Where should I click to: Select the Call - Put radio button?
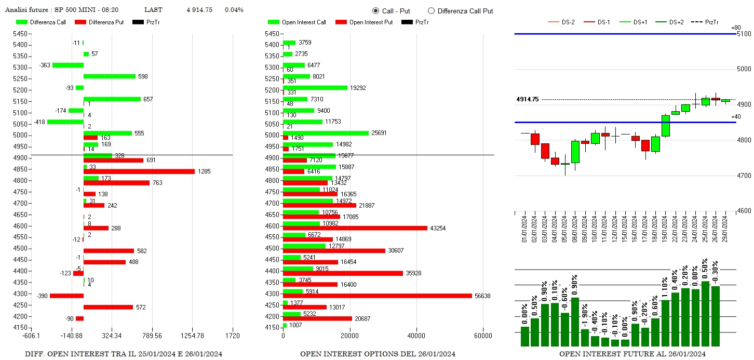(x=376, y=11)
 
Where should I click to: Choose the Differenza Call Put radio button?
(x=431, y=11)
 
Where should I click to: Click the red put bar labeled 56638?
(x=378, y=296)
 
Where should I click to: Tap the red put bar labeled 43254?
(x=355, y=228)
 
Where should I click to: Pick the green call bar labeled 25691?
(x=326, y=133)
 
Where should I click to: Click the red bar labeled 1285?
(x=139, y=171)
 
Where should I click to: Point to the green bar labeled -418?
(x=65, y=122)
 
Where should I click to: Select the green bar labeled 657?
(x=112, y=99)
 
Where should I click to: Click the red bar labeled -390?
(x=66, y=296)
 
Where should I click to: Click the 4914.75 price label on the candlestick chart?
(x=527, y=99)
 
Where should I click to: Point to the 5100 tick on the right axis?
(x=744, y=34)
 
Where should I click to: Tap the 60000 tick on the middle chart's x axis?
(x=483, y=336)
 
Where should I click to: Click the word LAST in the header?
(x=153, y=10)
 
